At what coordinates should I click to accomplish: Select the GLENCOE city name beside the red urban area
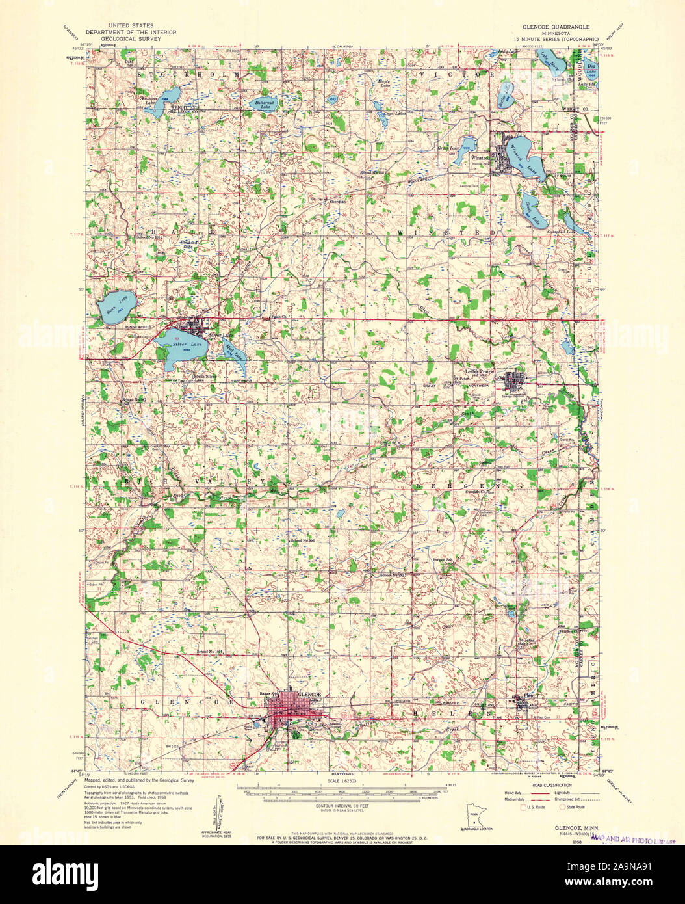(309, 695)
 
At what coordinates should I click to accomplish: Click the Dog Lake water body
(592, 67)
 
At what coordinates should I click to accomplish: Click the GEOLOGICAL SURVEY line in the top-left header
(131, 38)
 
